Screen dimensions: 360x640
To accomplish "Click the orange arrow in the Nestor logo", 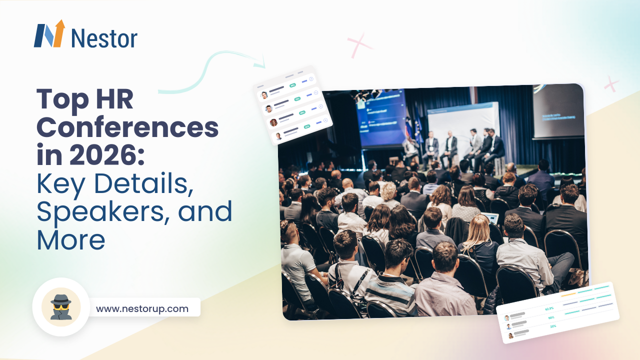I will pos(59,31).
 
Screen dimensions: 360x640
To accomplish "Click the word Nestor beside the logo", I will pos(104,38).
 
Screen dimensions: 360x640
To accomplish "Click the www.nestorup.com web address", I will pos(142,308).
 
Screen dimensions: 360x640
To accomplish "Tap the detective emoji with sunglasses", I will pos(61,306).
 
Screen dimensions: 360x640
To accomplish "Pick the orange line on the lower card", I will pos(568,294).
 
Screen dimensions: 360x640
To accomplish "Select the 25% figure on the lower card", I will pos(553,326).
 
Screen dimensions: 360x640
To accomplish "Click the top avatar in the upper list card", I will pos(264,95).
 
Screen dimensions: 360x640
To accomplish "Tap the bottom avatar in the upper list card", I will pos(278,136).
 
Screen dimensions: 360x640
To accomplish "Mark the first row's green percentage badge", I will pos(292,85).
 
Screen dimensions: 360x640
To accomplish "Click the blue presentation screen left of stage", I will pos(380,118).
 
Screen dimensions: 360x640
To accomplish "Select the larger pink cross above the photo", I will pos(360,45).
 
